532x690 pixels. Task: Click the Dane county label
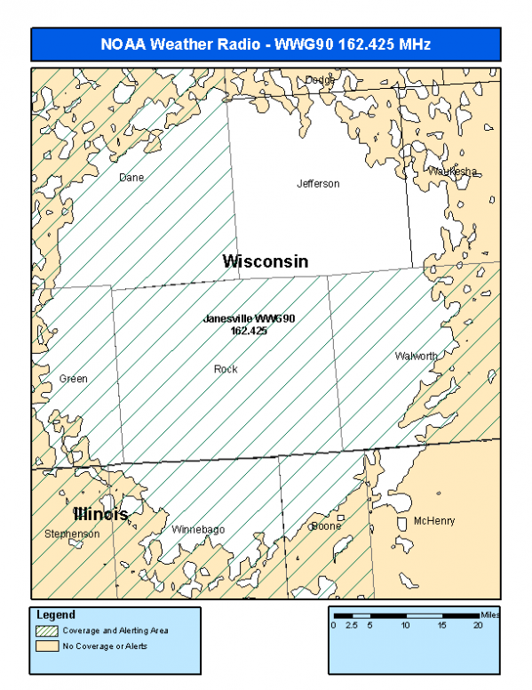pos(131,177)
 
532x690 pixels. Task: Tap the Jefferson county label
pos(318,184)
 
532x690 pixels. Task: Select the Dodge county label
pos(321,80)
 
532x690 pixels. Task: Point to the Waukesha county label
pos(453,171)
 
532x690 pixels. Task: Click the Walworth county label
pos(416,356)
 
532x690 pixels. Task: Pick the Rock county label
pos(226,369)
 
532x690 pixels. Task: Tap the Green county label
pos(74,379)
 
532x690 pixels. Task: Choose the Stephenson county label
pos(72,534)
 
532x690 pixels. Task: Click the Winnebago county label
pos(198,529)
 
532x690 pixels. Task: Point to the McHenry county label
pos(434,521)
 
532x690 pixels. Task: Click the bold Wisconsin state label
pos(266,261)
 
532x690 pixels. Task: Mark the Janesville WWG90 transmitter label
pos(249,324)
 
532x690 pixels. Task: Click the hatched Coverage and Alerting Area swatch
pos(47,630)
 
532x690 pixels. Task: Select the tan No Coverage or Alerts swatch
pos(47,646)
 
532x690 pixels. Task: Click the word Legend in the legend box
pos(56,614)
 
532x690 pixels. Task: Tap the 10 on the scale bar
pos(406,625)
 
